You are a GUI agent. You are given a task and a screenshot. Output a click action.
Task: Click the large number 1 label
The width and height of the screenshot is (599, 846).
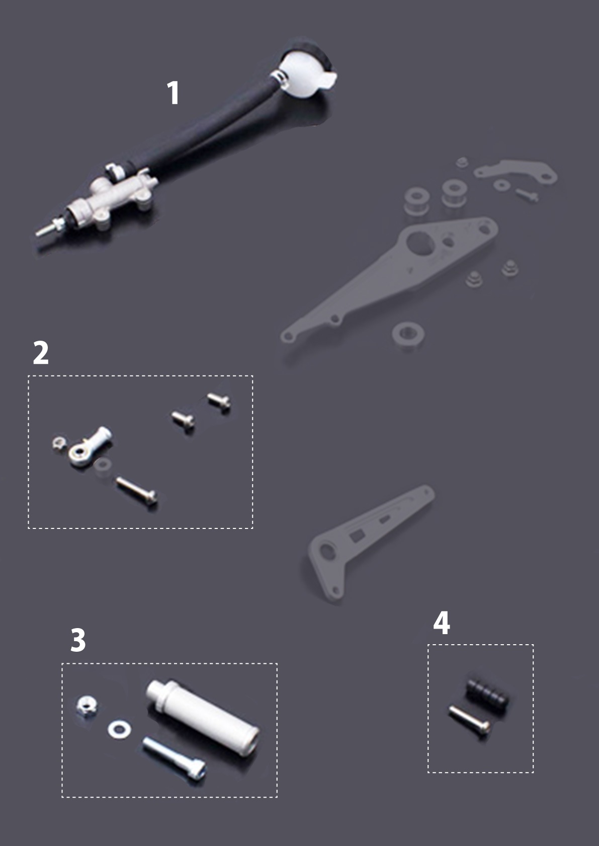(173, 93)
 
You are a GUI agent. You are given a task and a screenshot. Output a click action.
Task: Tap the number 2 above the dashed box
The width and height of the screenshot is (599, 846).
(41, 352)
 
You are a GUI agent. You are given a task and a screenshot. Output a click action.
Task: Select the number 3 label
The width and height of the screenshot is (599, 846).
(78, 640)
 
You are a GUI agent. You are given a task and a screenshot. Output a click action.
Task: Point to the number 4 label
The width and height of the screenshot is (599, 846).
(441, 623)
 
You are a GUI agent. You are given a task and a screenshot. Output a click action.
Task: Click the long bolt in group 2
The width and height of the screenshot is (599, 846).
(136, 490)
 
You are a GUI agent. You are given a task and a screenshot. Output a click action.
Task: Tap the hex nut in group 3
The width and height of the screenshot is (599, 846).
(87, 706)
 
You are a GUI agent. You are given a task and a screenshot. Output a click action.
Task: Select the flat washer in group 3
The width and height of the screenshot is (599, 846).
(119, 729)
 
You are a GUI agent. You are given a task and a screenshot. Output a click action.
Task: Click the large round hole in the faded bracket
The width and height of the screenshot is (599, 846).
(420, 243)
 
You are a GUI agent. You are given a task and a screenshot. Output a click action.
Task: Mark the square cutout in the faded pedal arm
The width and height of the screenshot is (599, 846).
(357, 535)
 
